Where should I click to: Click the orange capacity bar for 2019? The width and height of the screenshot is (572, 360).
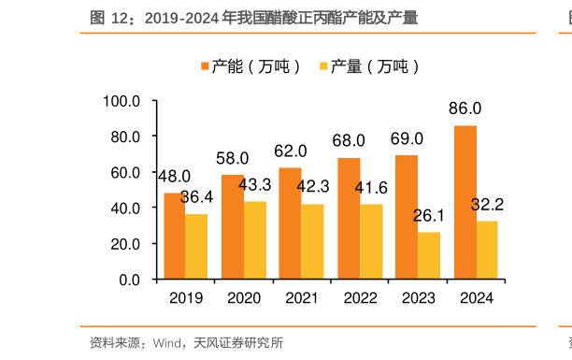click(174, 236)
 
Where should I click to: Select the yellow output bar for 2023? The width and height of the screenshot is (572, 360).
click(429, 255)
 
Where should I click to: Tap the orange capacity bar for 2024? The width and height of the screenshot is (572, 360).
click(465, 202)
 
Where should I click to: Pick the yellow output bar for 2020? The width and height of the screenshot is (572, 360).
click(255, 240)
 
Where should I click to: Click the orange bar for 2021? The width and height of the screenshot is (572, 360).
click(290, 223)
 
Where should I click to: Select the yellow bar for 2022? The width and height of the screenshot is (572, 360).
click(371, 241)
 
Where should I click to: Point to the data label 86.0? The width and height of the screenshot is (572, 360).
click(465, 108)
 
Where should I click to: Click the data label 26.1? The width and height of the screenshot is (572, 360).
click(429, 216)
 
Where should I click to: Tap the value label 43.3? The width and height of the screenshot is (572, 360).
click(254, 184)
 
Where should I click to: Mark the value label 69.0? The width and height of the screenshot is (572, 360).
click(407, 139)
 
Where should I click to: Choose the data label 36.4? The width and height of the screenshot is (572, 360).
click(196, 197)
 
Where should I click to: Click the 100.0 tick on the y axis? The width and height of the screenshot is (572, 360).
click(122, 101)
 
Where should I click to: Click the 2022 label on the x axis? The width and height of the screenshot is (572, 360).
click(360, 297)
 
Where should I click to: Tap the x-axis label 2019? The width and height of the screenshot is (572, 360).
click(185, 297)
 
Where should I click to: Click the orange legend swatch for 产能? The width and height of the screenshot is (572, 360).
click(204, 66)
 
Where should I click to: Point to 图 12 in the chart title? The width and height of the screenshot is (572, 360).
click(109, 18)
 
